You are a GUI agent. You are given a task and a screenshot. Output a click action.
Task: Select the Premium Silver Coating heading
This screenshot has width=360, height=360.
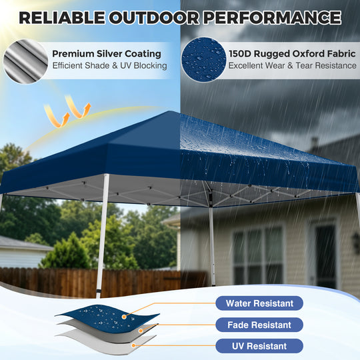[x=106, y=53]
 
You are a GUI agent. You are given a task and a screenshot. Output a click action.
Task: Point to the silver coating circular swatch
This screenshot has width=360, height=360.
[x=25, y=59]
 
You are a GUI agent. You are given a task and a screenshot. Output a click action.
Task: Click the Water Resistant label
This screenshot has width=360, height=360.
[x=259, y=303]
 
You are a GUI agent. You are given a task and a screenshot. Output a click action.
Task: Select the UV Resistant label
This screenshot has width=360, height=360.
[x=259, y=346]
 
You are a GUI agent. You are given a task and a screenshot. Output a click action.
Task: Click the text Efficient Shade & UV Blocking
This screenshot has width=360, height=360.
[x=109, y=65]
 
